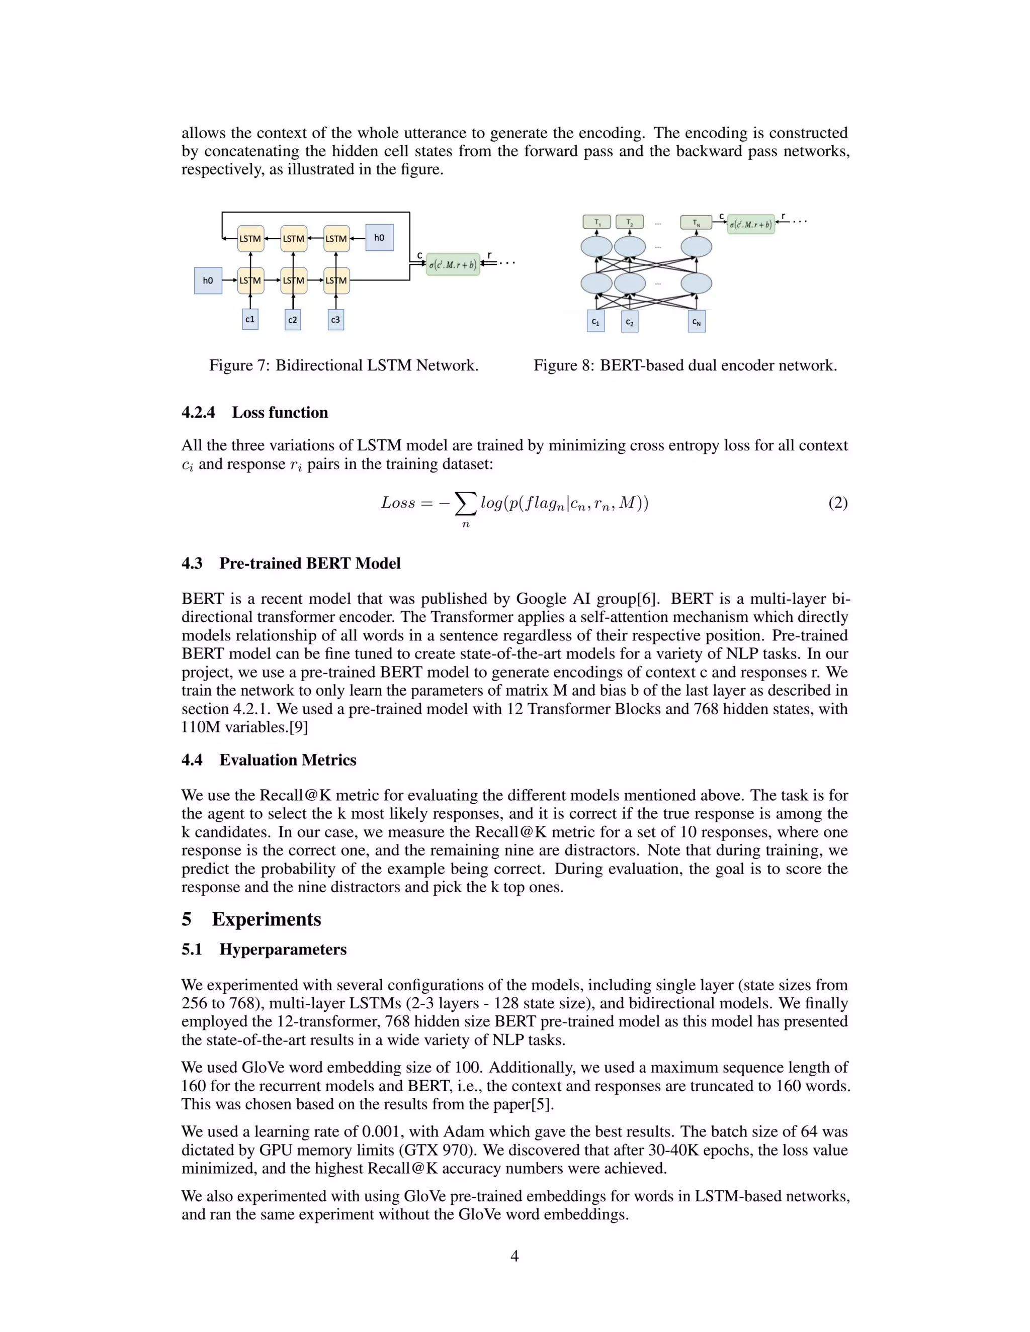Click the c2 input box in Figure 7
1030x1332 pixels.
[293, 320]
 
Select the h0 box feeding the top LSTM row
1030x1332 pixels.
[379, 238]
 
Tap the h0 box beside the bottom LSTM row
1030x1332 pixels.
[208, 280]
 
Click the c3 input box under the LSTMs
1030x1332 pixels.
[335, 320]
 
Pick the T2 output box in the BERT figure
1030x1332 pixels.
[630, 222]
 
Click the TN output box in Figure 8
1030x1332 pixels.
[696, 223]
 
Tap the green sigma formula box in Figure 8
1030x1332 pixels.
[750, 225]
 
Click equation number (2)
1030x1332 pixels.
[837, 503]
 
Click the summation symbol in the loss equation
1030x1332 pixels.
[466, 504]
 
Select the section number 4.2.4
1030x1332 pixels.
[198, 413]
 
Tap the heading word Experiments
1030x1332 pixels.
[266, 919]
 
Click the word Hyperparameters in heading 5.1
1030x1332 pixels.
[283, 949]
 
